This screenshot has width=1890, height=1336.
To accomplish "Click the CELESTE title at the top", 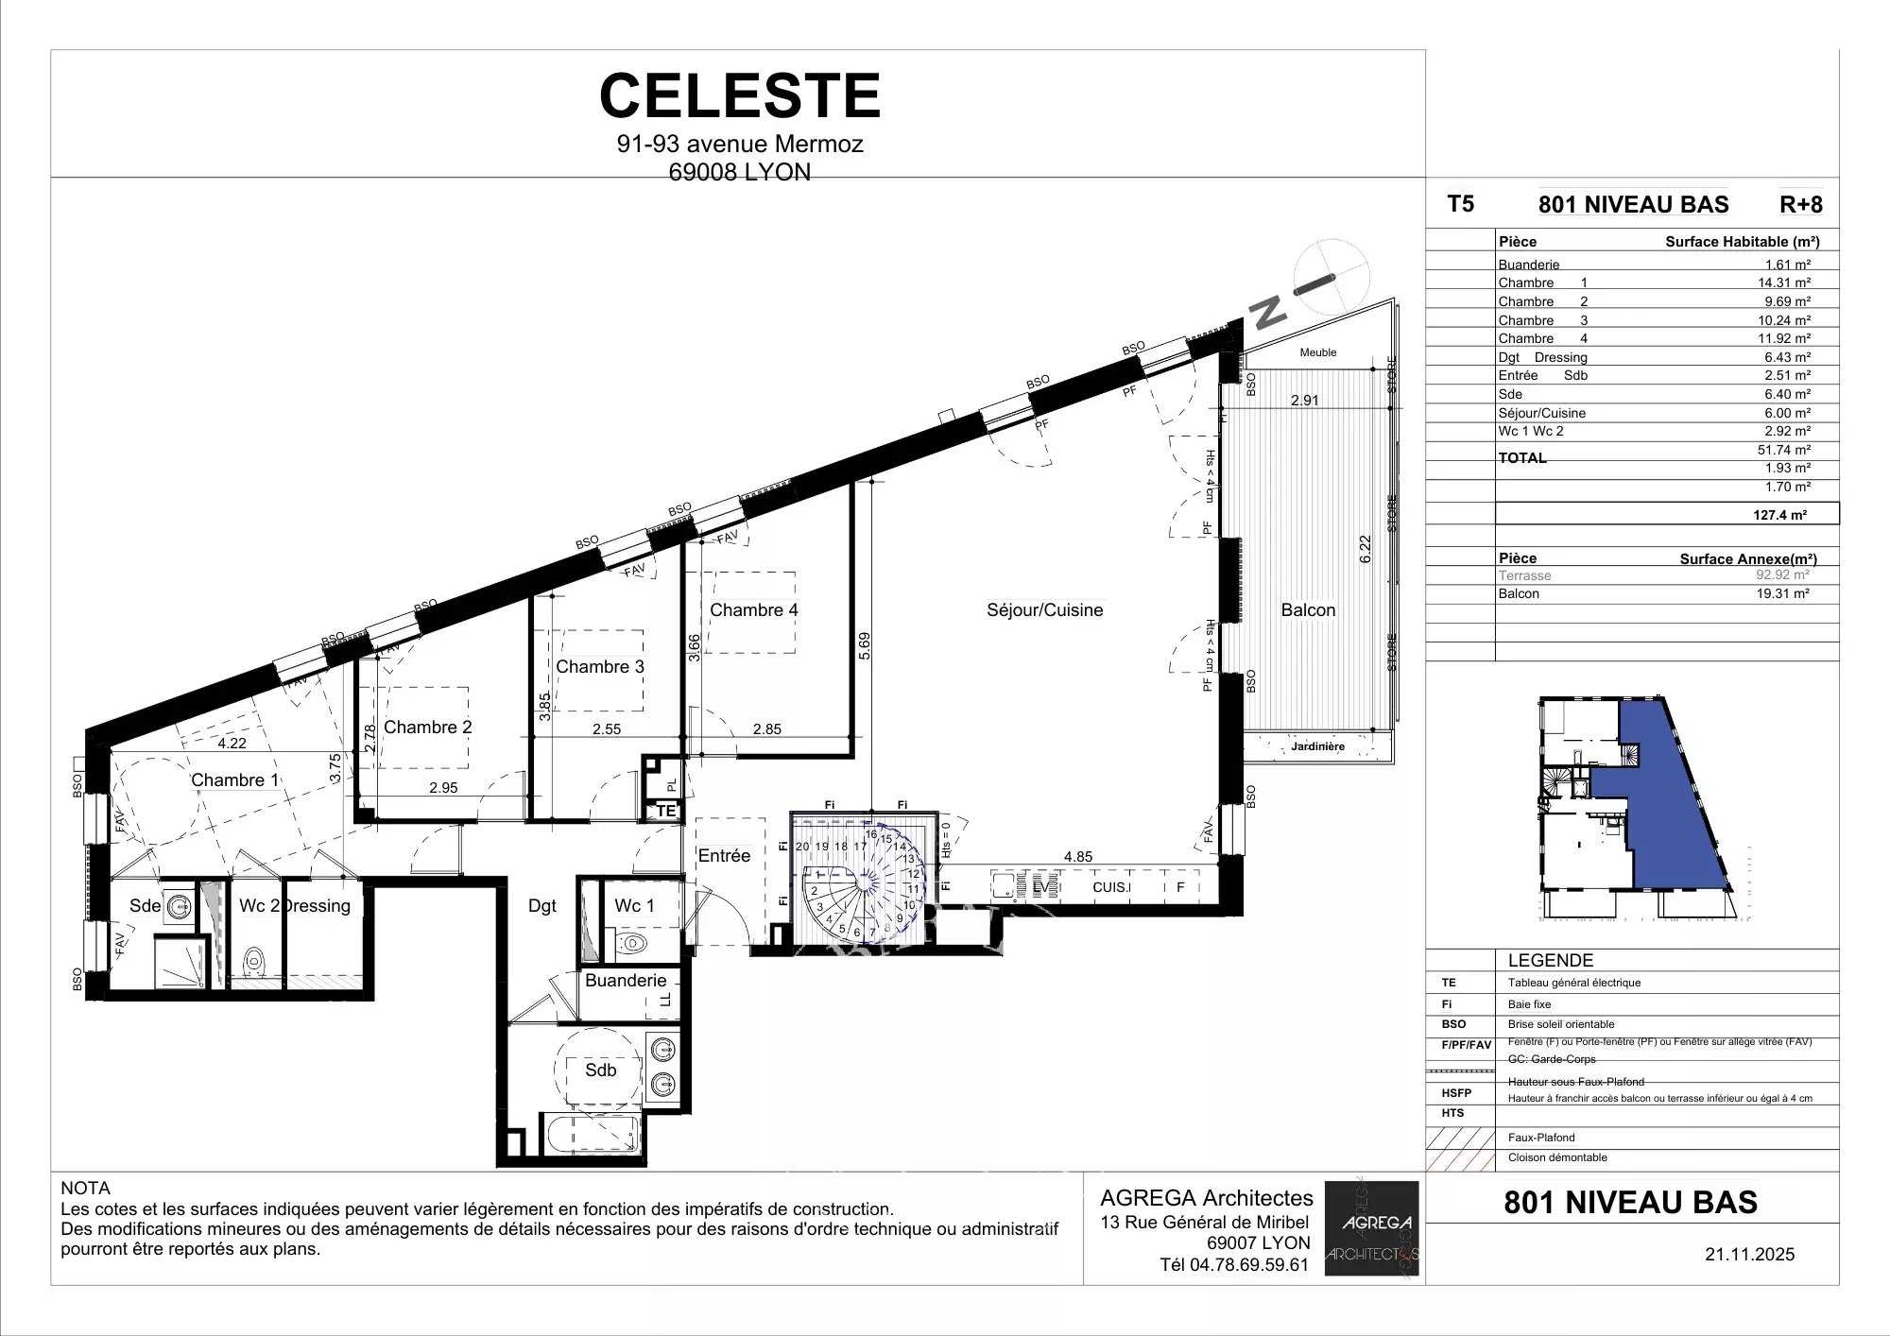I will point(740,96).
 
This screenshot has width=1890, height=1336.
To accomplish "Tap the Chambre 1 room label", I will point(234,779).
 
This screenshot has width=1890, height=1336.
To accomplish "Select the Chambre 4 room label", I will point(753,610).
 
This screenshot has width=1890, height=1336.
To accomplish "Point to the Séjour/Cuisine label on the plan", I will point(1044,610).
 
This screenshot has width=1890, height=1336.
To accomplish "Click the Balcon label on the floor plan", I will point(1308,610).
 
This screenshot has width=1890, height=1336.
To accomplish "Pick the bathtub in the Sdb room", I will point(593,1132).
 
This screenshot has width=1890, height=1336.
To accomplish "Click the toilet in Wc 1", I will point(632,942).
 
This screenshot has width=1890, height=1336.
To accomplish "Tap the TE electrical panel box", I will point(666,811).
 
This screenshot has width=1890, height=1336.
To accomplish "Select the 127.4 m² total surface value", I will point(1779,515).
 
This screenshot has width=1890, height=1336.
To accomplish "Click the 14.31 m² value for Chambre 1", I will point(1783,283).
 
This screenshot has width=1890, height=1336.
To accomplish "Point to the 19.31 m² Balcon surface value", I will point(1782,593).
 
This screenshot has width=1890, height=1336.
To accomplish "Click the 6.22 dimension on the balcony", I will point(1364,550).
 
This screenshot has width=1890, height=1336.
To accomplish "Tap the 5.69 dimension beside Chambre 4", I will point(865,645).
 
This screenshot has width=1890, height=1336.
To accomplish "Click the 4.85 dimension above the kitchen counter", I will point(1077,857).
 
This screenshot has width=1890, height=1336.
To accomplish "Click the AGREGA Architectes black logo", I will point(1371,1228).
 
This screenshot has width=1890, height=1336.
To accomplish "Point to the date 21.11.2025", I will point(1749,1255).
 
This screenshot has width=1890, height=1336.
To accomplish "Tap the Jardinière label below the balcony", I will point(1317,746).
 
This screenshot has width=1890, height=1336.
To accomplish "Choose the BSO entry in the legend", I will point(1454,1024).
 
